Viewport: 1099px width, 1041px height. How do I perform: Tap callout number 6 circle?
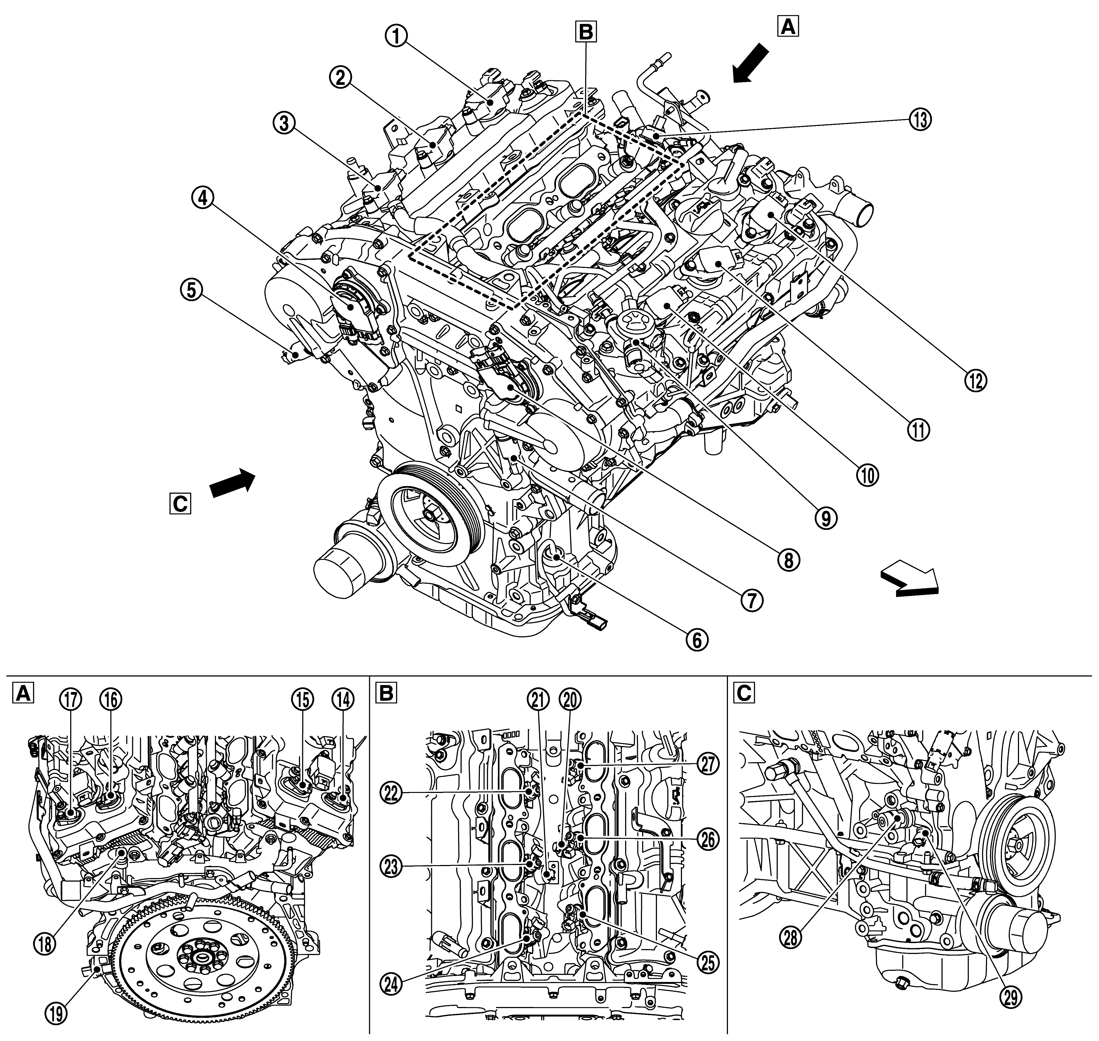pyautogui.click(x=696, y=639)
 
